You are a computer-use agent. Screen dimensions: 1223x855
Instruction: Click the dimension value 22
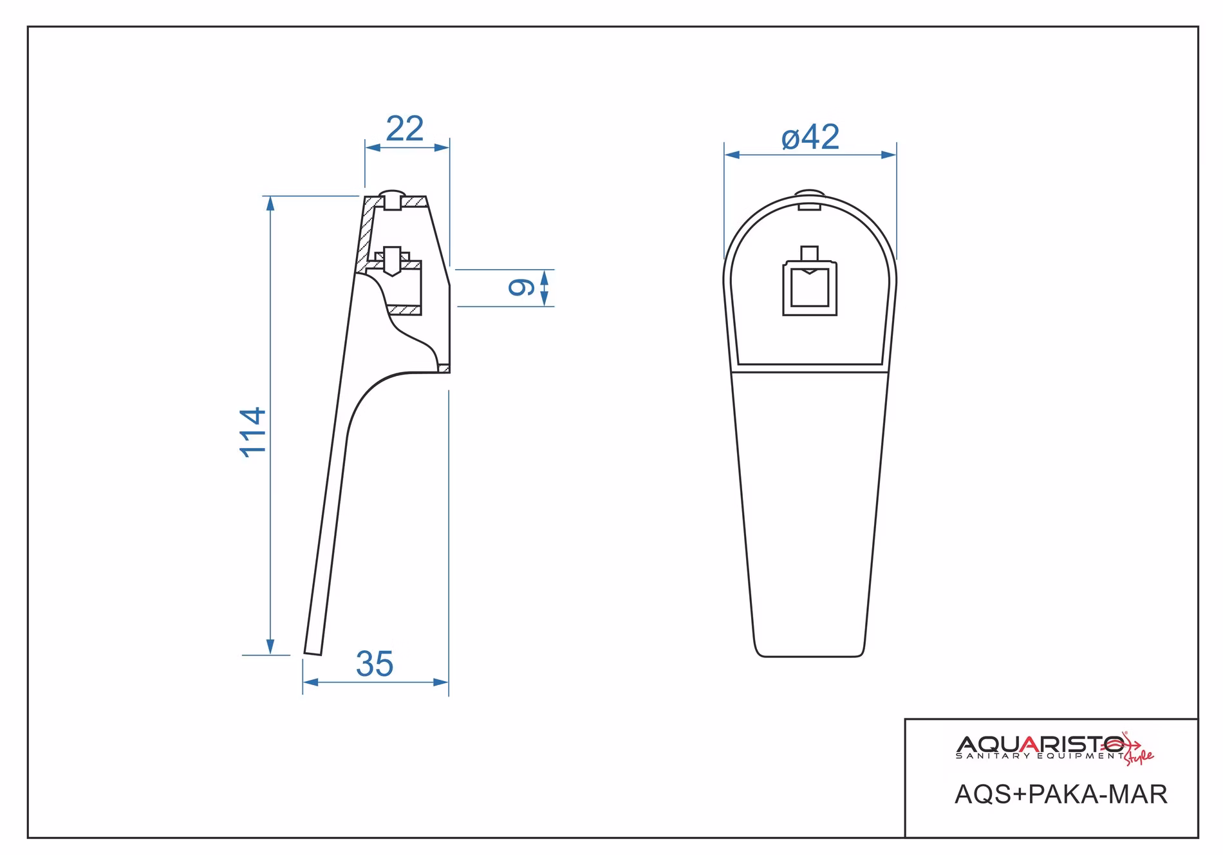(x=404, y=129)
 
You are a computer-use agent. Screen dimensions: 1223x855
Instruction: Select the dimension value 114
(x=253, y=432)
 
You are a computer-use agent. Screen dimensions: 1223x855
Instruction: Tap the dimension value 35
(x=375, y=664)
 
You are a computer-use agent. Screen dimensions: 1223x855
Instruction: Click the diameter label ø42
(x=810, y=137)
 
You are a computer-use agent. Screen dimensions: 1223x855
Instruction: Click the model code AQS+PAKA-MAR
(x=1061, y=794)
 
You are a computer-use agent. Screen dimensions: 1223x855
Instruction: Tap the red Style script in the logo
(x=1139, y=757)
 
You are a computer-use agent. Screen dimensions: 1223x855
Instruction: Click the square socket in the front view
(x=810, y=288)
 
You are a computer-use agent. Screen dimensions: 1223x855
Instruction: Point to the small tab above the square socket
(x=810, y=254)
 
